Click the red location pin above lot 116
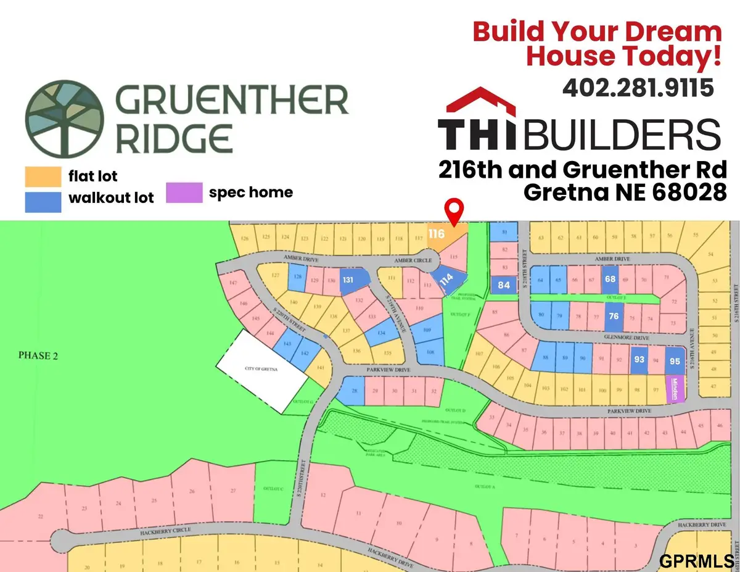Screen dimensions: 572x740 454,211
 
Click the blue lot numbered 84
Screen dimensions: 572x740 504,284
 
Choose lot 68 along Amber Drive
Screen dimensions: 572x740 610,279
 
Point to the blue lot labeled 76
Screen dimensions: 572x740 613,316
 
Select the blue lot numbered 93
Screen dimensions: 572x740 639,359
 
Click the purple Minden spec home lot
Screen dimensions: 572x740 675,389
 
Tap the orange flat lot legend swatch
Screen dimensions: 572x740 43,177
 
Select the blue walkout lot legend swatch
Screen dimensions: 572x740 43,202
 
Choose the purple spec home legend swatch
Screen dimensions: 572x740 184,193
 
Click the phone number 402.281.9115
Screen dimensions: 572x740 638,88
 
